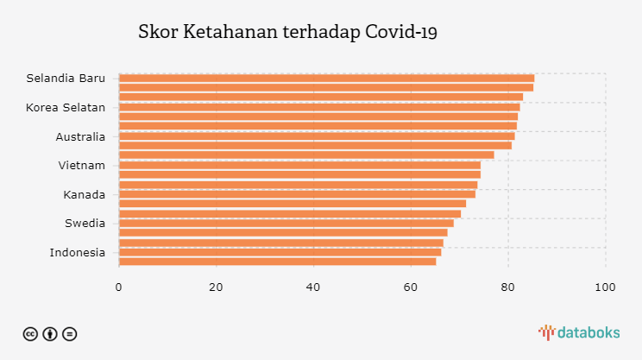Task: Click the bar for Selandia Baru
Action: point(326,79)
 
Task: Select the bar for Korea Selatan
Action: point(319,107)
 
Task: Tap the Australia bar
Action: point(317,136)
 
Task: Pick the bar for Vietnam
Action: point(299,165)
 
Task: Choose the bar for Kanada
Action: point(297,194)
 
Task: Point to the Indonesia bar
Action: point(280,252)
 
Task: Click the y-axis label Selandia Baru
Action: point(66,79)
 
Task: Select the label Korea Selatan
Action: point(66,107)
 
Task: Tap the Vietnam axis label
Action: point(82,165)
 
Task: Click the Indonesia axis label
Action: point(78,252)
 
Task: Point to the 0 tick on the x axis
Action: point(119,287)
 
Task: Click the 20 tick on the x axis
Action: point(216,287)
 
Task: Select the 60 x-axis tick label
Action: point(411,287)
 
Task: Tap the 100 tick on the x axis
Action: point(605,287)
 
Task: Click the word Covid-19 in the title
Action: point(401,33)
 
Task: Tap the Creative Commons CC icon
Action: point(30,333)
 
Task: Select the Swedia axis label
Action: point(85,224)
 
